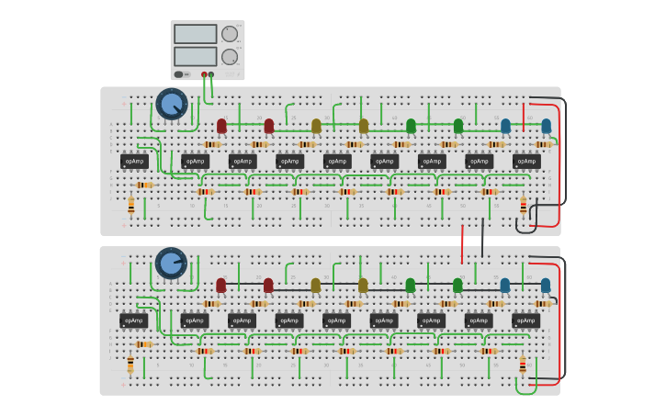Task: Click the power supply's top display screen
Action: tap(195, 34)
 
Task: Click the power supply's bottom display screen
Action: tap(195, 56)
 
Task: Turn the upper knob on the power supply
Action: tap(230, 34)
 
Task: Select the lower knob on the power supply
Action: tap(230, 57)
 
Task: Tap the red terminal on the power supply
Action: tap(204, 74)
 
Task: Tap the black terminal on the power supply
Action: tap(211, 74)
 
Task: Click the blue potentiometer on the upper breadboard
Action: tap(171, 104)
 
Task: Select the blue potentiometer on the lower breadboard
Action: tap(171, 264)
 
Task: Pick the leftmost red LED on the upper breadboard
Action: tap(221, 126)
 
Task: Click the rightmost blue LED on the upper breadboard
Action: tap(546, 126)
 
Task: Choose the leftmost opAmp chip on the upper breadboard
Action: tap(134, 162)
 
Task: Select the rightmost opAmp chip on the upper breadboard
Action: tap(526, 162)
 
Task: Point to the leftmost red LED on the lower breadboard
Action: tap(221, 285)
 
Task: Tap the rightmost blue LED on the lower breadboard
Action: tap(546, 285)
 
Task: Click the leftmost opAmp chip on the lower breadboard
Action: tap(134, 320)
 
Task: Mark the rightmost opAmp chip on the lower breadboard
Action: tap(526, 320)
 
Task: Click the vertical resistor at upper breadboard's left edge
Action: tap(130, 208)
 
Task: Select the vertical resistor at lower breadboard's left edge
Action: tap(130, 365)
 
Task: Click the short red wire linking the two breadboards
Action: tap(462, 243)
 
